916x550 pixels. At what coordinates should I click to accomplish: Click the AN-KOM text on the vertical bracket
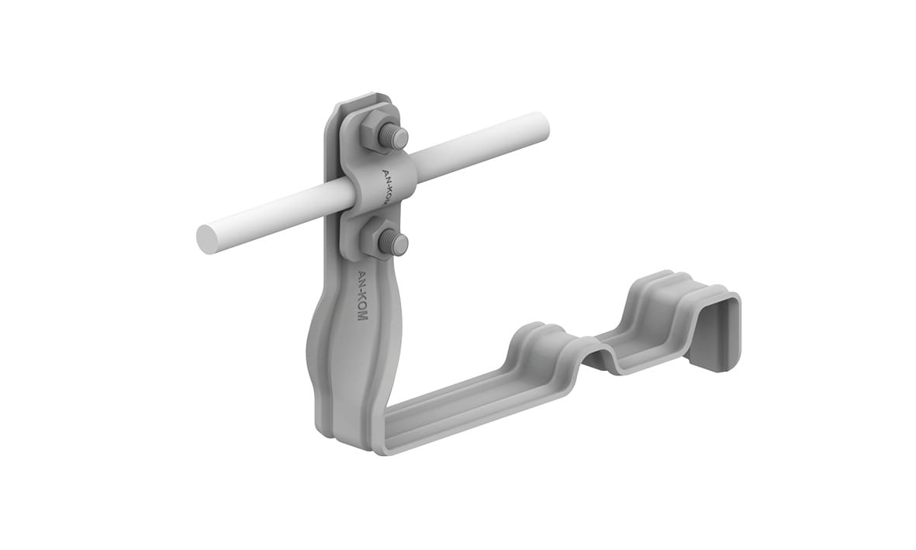[x=363, y=294]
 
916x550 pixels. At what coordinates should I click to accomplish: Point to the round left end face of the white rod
[x=206, y=240]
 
